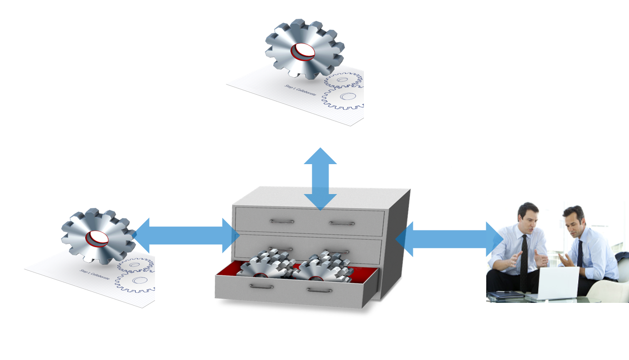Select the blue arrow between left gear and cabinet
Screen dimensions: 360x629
pyautogui.click(x=186, y=235)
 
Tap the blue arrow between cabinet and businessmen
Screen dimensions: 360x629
pyautogui.click(x=449, y=239)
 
